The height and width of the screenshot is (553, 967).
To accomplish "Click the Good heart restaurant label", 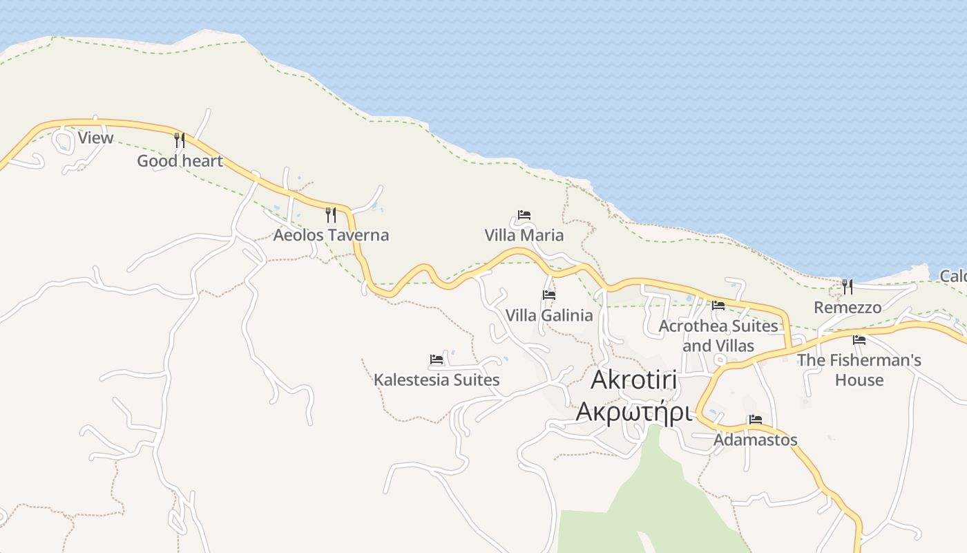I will tap(180, 161).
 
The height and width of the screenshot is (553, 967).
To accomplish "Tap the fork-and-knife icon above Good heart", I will tap(180, 140).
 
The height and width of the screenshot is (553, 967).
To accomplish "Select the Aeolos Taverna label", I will tap(331, 235).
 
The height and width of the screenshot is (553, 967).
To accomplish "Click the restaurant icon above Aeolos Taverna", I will tap(331, 214).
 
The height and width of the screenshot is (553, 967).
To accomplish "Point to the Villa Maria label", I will tap(524, 235).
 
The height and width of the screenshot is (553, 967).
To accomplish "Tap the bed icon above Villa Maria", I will tap(524, 215).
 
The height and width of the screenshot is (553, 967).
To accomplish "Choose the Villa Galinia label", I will tap(549, 315).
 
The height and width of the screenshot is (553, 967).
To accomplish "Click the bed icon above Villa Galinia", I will tap(549, 294).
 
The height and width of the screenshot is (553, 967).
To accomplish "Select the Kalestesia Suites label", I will tap(437, 379).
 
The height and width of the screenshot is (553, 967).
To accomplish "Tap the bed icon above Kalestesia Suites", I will tap(437, 359).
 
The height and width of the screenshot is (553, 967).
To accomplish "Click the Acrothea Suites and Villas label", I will tap(718, 335).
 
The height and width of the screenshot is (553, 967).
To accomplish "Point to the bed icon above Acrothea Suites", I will tap(718, 305).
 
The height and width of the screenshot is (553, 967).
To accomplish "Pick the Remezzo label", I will tap(848, 307).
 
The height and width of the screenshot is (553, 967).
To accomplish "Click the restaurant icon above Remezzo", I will tap(848, 286).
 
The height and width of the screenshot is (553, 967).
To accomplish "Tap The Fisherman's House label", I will tap(859, 370).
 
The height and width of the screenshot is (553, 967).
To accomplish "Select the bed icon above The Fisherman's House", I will tap(859, 339).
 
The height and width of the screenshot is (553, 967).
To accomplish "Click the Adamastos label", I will tap(756, 440).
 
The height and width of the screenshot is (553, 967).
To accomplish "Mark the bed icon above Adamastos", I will tap(756, 420).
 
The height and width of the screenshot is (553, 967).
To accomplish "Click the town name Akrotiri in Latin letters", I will tap(634, 381).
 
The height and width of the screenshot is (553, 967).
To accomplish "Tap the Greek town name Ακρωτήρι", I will tap(634, 411).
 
